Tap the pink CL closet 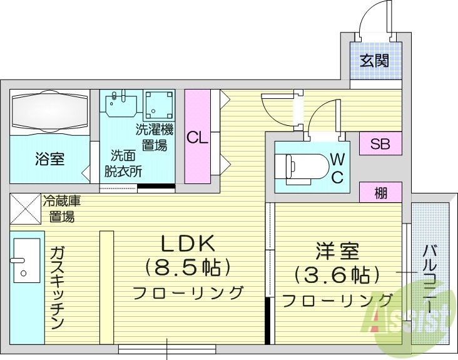198,137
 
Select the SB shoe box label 380,144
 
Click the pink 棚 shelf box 380,193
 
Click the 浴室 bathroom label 49,159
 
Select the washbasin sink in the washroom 121,104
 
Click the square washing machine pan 159,105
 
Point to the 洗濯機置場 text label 153,138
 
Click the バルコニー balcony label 430,276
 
